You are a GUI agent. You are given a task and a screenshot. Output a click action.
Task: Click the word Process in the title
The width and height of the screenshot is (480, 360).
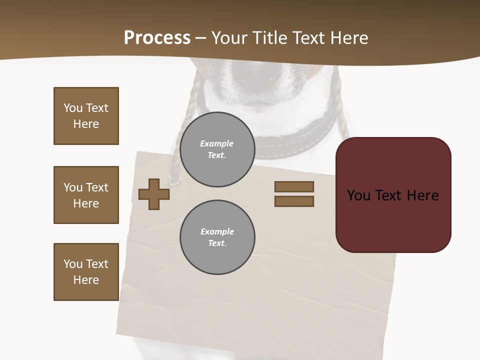157,38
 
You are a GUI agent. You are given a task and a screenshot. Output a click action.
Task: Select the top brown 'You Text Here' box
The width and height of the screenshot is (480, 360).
86,116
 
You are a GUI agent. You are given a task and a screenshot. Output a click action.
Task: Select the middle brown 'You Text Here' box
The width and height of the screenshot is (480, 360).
86,195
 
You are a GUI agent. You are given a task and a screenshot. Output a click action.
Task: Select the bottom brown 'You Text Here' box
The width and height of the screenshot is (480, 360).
86,272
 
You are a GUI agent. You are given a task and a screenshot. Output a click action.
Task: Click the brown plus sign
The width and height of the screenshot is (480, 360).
154,194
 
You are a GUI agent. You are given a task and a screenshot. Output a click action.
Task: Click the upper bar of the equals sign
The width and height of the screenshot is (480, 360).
294,186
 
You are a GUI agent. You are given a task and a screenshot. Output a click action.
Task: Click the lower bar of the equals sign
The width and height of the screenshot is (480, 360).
294,201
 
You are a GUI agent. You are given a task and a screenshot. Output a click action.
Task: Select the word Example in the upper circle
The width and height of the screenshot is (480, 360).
217,143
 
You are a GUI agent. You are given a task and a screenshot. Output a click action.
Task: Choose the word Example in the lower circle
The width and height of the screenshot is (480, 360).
217,231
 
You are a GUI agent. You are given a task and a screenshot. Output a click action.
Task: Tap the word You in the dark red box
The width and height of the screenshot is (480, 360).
359,195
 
